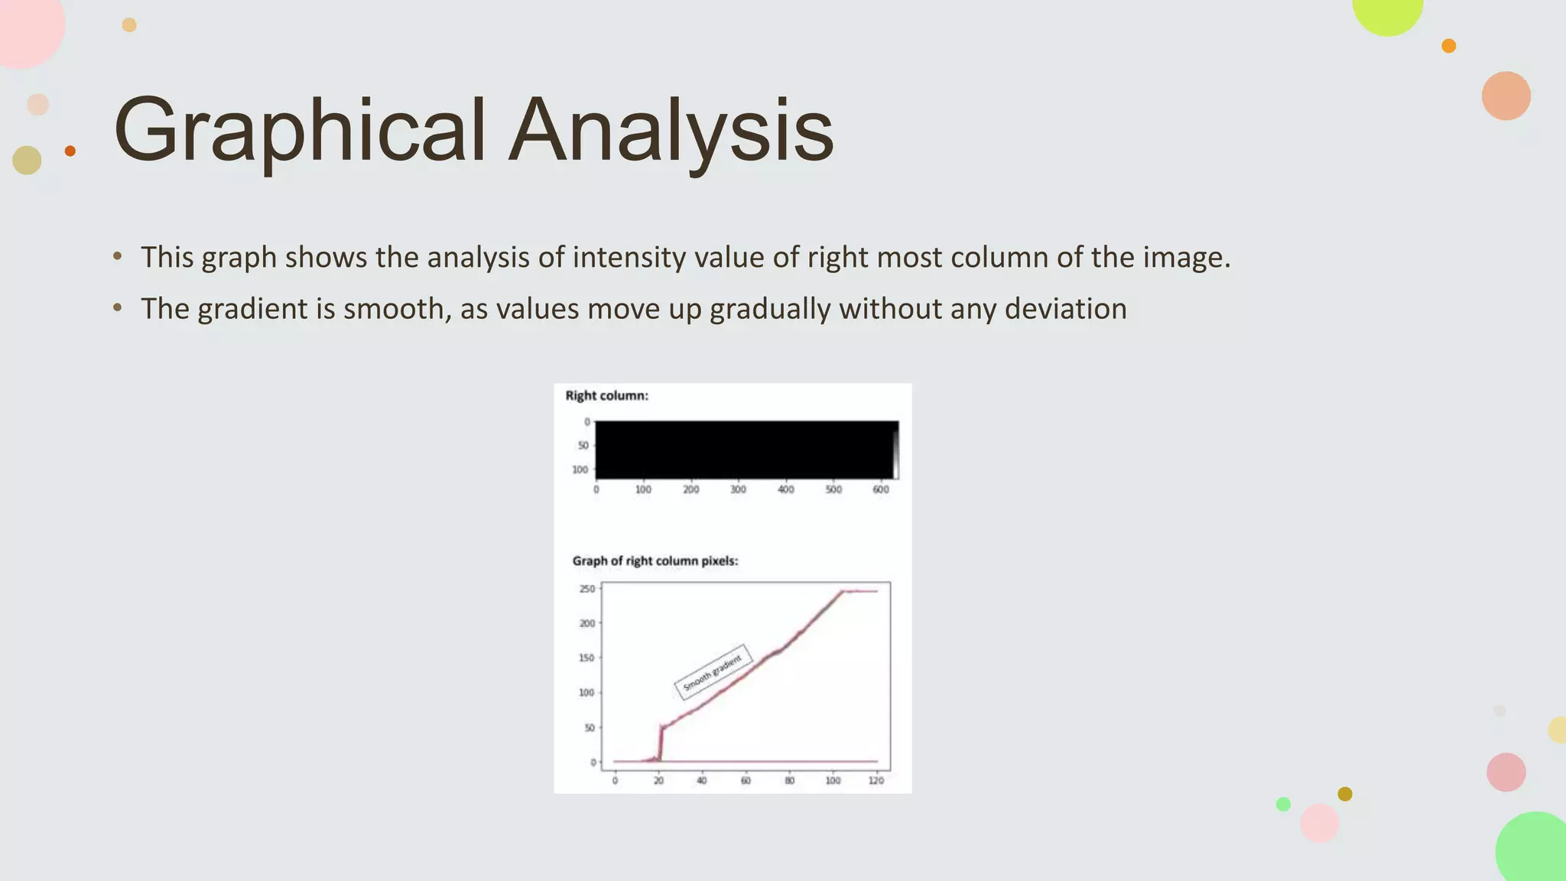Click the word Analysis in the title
point(671,132)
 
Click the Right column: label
point(606,395)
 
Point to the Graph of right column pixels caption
point(655,561)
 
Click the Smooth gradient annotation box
point(713,671)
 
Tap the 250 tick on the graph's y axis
point(586,589)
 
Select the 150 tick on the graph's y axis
point(586,658)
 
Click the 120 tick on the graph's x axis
point(876,781)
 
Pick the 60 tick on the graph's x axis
point(746,781)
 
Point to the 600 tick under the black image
point(881,489)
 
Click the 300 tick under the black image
point(738,489)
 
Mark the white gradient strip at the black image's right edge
point(895,455)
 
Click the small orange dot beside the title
point(70,151)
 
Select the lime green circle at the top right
point(1387,11)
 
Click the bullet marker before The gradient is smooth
point(117,308)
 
